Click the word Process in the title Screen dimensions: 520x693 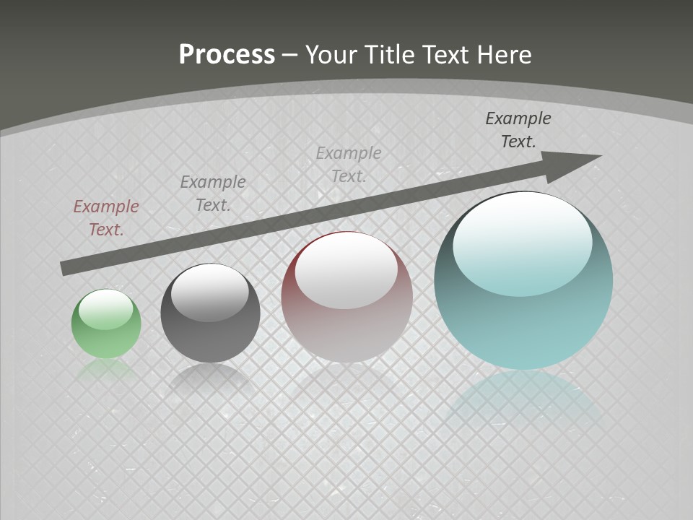pos(227,54)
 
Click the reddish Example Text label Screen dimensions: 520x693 pos(106,218)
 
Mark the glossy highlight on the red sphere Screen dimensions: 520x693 pos(346,271)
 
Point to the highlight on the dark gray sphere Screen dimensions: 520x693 pos(210,292)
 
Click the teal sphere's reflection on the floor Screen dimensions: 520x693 pos(523,401)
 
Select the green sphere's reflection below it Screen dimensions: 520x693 pos(106,370)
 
